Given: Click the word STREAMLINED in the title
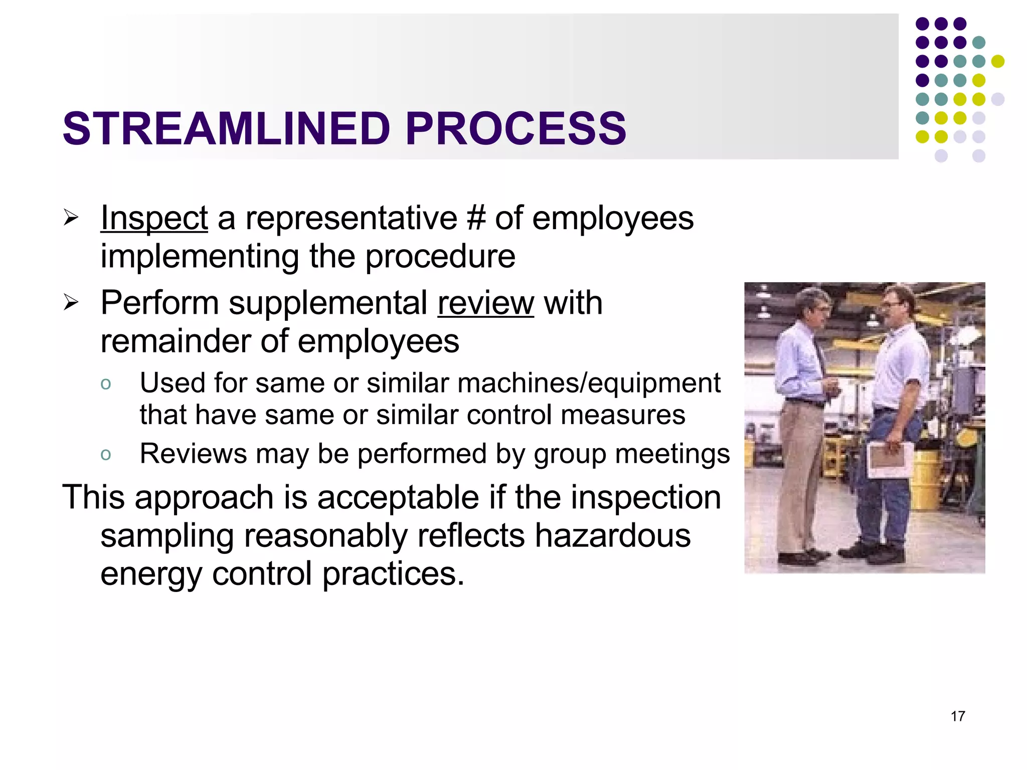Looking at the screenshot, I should coord(226,129).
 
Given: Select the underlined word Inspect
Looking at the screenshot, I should coord(154,219).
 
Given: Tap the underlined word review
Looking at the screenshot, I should coord(485,303).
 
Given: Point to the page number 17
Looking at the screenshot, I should coord(957,716).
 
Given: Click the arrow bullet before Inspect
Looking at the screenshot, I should coord(71,218).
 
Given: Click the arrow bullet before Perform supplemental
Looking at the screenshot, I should coord(71,302).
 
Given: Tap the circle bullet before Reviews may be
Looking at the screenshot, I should coord(105,455).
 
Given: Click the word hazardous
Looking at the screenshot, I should coord(612,535).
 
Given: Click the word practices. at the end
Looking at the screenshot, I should coord(393,574).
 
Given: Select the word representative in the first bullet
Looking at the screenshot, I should coord(351,219).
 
